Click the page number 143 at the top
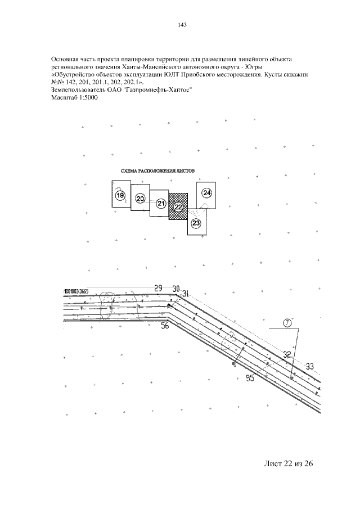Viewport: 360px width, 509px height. [181, 25]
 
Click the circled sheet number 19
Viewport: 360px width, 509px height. [119, 195]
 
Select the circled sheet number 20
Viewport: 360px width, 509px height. [141, 198]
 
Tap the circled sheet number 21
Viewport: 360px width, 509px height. [161, 203]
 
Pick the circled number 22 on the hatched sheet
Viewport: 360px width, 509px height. [178, 207]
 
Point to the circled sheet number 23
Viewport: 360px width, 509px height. [196, 223]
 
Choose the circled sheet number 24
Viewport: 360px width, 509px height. [206, 193]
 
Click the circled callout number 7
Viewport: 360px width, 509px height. [287, 323]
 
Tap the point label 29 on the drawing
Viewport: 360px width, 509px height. [158, 288]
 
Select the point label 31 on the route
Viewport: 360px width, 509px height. [186, 292]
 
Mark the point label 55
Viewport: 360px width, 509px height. [250, 379]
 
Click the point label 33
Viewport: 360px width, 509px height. [309, 366]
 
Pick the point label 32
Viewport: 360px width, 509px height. [287, 354]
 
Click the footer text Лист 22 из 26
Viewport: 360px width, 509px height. [287, 464]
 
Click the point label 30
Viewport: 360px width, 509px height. [176, 289]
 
